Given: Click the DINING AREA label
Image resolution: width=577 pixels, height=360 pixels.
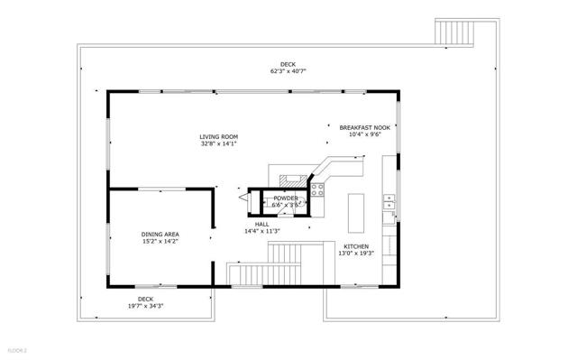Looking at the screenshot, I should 160,235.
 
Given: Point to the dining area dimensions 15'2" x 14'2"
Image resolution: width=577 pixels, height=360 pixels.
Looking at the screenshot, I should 160,242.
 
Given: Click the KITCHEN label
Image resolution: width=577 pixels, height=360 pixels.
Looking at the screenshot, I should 356,245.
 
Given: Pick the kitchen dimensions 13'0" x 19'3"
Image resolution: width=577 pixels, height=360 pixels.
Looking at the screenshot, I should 356,254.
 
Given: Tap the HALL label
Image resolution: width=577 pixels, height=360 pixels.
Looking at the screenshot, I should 262,224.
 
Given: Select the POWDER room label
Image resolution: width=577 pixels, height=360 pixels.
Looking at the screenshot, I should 286,198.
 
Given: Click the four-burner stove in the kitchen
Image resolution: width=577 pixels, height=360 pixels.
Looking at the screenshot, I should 317,189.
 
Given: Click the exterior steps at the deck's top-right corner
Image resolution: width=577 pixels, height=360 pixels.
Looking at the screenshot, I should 455,31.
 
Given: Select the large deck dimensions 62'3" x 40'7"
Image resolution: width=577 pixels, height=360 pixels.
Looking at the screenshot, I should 288,71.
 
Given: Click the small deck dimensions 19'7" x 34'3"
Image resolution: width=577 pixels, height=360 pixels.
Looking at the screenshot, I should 144,306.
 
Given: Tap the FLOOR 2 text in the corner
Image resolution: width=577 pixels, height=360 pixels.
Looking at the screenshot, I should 18,349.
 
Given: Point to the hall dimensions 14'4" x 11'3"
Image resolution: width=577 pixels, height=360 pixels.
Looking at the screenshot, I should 262,232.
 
